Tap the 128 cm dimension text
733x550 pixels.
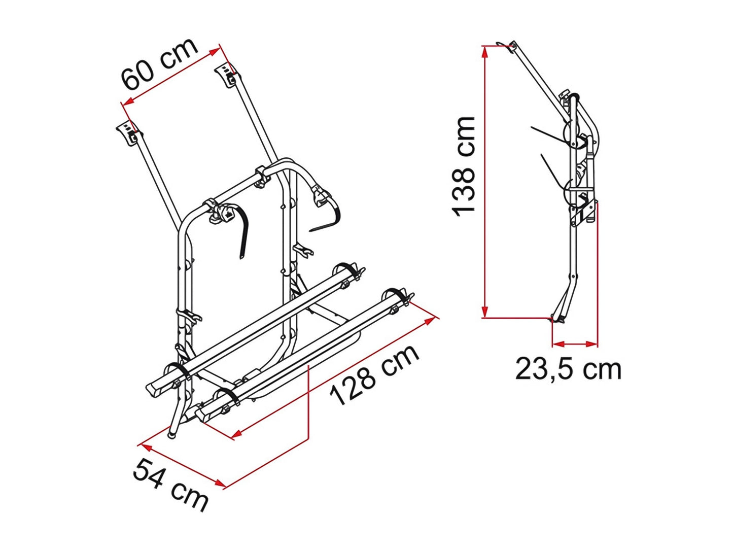click(375, 375)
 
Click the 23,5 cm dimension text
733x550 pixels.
click(568, 369)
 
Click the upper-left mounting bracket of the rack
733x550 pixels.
click(129, 133)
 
